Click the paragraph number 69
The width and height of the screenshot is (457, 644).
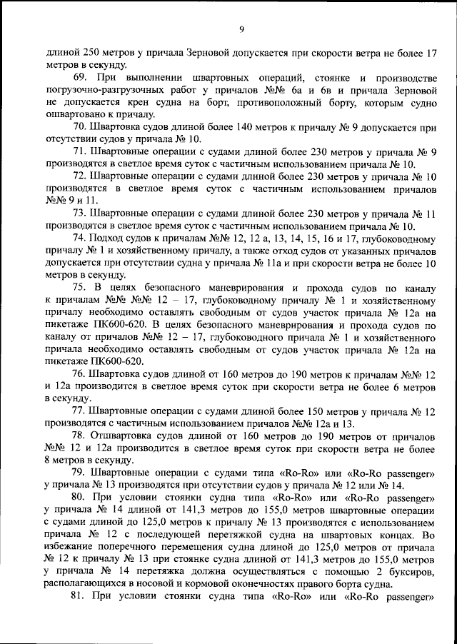pos(80,77)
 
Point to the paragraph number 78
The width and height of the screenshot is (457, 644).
pos(80,435)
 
